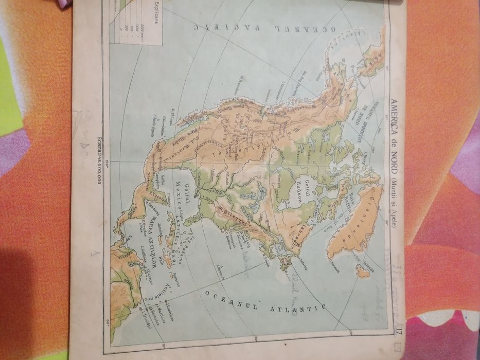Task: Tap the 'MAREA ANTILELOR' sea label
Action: point(141,240)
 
